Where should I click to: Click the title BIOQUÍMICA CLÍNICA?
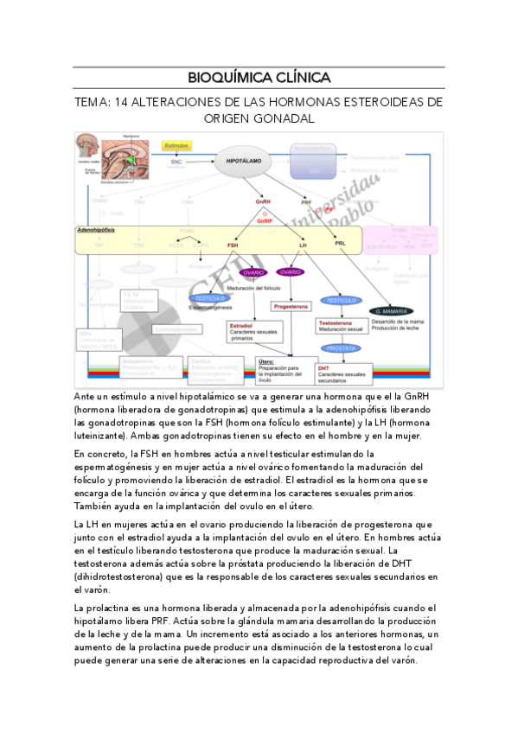(x=259, y=75)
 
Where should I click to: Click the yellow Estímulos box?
(x=177, y=146)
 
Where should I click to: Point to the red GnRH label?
(x=264, y=202)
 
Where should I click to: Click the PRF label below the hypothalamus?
(x=306, y=202)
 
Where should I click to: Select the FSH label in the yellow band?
(x=233, y=245)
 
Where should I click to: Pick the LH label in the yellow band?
(x=303, y=245)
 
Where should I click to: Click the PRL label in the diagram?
(x=340, y=245)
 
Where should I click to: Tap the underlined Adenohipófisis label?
(x=96, y=231)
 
